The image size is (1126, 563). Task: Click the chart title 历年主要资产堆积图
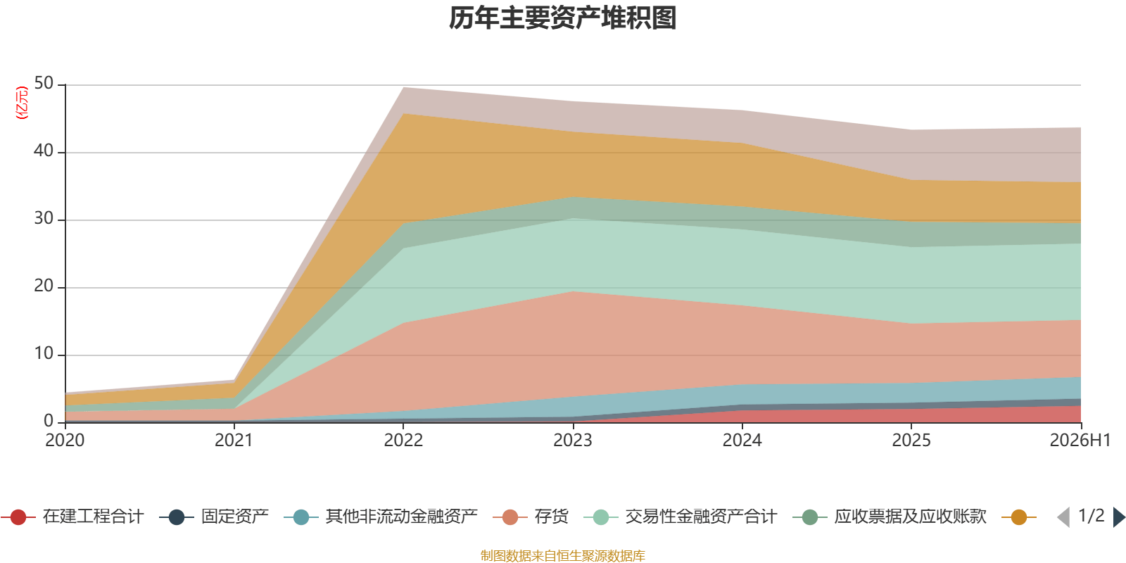[x=562, y=18]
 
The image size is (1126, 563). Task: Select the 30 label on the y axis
[x=44, y=219]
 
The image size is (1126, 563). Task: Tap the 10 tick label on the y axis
[x=44, y=354]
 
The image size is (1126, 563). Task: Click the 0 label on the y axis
[x=49, y=422]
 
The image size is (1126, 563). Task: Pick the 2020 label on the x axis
[x=65, y=441]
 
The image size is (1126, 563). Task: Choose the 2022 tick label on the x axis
[x=403, y=441]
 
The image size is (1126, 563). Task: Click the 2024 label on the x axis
[x=742, y=441]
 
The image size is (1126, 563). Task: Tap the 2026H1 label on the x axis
[x=1080, y=441]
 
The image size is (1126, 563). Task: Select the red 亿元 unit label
[x=22, y=103]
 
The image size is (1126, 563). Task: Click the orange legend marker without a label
[x=1019, y=517]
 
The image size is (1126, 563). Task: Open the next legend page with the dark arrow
[x=1118, y=517]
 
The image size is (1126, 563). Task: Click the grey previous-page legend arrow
[x=1063, y=517]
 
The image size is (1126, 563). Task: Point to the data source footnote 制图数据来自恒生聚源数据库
[x=562, y=555]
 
